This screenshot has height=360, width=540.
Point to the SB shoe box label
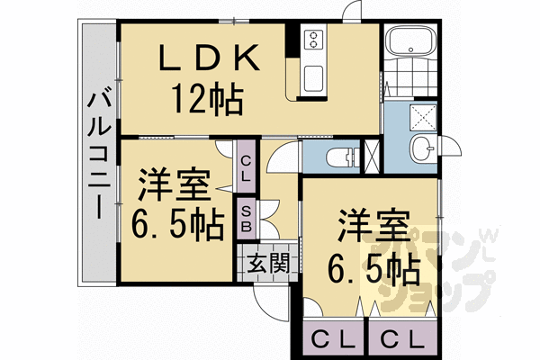pyautogui.click(x=245, y=215)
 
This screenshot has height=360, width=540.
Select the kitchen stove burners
pyautogui.click(x=315, y=40)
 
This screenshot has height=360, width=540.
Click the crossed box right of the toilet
pyautogui.click(x=371, y=156)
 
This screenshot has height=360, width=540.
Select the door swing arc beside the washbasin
pyautogui.click(x=451, y=153)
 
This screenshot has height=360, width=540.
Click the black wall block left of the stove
pyautogui.click(x=292, y=40)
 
